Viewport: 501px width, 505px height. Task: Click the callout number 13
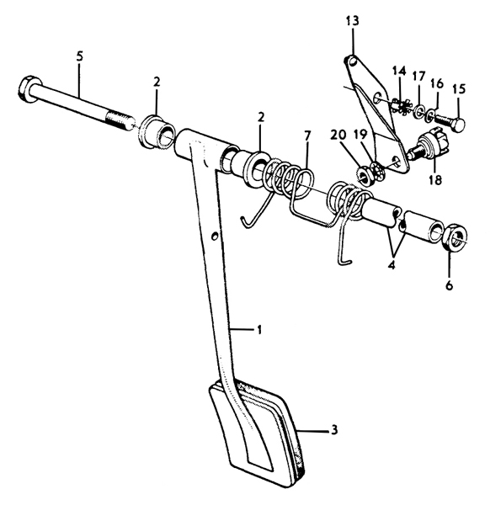point(352,22)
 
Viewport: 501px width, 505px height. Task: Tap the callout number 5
point(80,56)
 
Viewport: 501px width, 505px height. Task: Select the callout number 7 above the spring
point(306,136)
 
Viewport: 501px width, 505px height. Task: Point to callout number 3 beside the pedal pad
point(334,429)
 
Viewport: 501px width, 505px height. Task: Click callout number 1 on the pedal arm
point(258,330)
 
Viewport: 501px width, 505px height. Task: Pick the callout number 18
point(435,180)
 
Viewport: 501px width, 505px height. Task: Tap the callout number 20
point(338,135)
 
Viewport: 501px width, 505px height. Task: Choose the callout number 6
point(449,285)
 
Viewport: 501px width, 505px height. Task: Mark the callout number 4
point(392,265)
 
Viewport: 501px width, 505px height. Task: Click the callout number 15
point(459,88)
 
